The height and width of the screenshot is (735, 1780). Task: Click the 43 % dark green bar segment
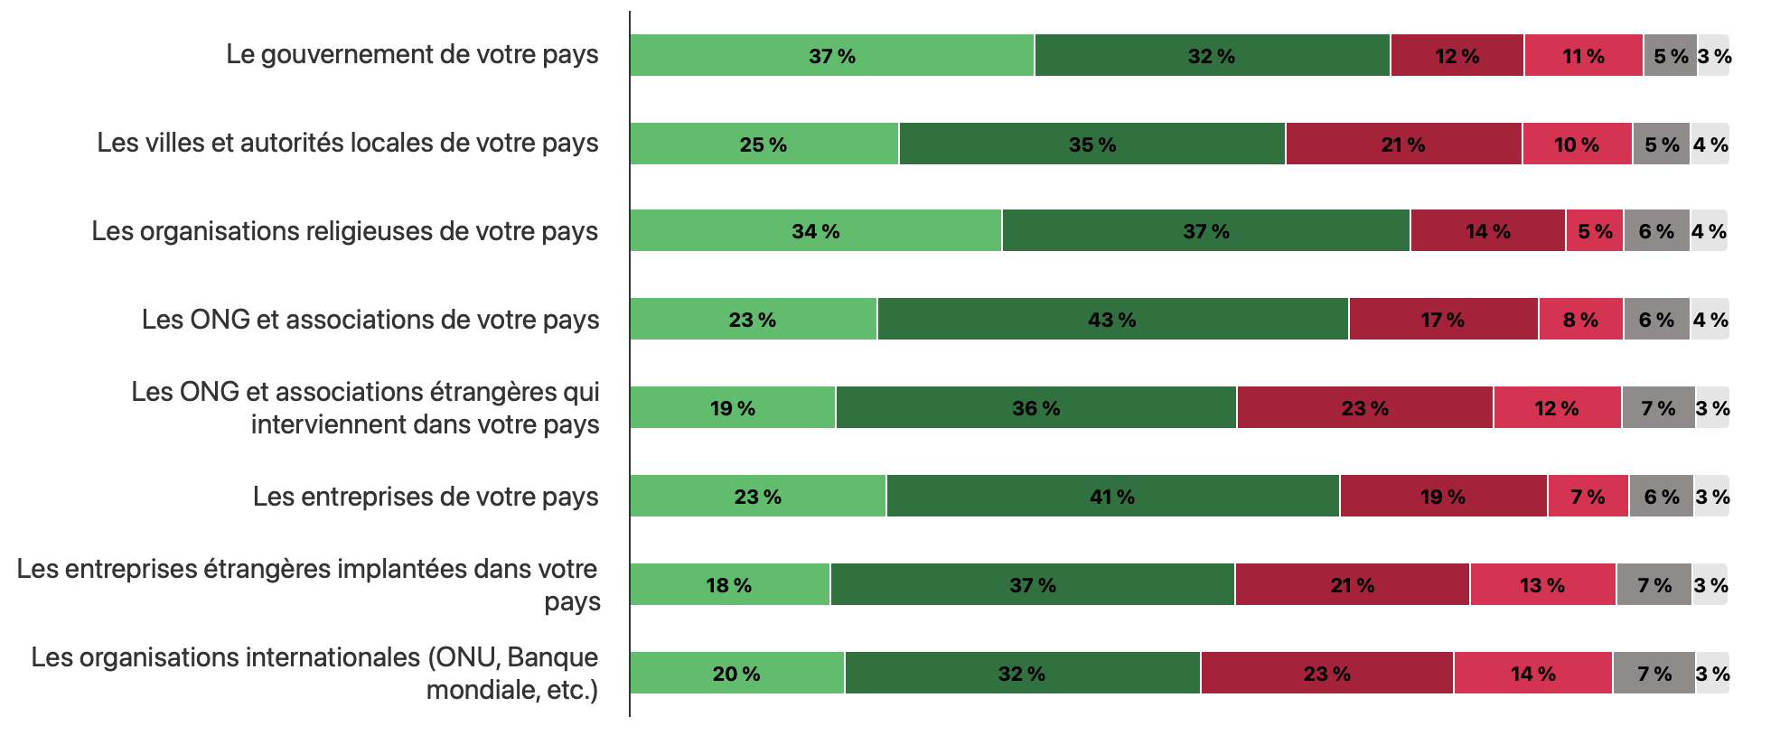tap(1112, 320)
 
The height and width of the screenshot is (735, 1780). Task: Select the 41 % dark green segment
tap(1112, 497)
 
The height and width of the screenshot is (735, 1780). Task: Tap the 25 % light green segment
tap(764, 144)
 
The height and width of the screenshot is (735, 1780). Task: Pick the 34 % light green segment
tap(815, 231)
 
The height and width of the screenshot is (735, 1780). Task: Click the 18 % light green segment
tap(729, 585)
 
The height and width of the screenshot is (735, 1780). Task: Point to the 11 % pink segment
tap(1583, 56)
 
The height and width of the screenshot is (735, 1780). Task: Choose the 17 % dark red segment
tap(1443, 320)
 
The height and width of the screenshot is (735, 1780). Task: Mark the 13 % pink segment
tap(1542, 585)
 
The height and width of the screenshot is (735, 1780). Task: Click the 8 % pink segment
tap(1580, 320)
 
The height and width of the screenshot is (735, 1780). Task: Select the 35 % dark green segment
tap(1091, 144)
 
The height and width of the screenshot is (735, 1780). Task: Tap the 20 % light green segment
tap(736, 674)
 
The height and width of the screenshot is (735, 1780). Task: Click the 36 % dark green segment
tap(1035, 408)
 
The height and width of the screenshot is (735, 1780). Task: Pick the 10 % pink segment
tap(1577, 144)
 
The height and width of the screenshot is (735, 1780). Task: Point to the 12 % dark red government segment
tap(1457, 56)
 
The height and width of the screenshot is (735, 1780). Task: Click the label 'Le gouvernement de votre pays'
tap(412, 54)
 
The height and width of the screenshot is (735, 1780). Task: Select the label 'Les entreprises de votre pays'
tap(426, 497)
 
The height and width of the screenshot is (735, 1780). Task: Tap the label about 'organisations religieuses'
tap(344, 231)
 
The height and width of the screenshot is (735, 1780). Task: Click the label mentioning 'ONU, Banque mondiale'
tap(314, 673)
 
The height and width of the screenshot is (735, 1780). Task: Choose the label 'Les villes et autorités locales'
tap(347, 143)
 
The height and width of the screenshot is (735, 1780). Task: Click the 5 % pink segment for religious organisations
tap(1595, 231)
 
